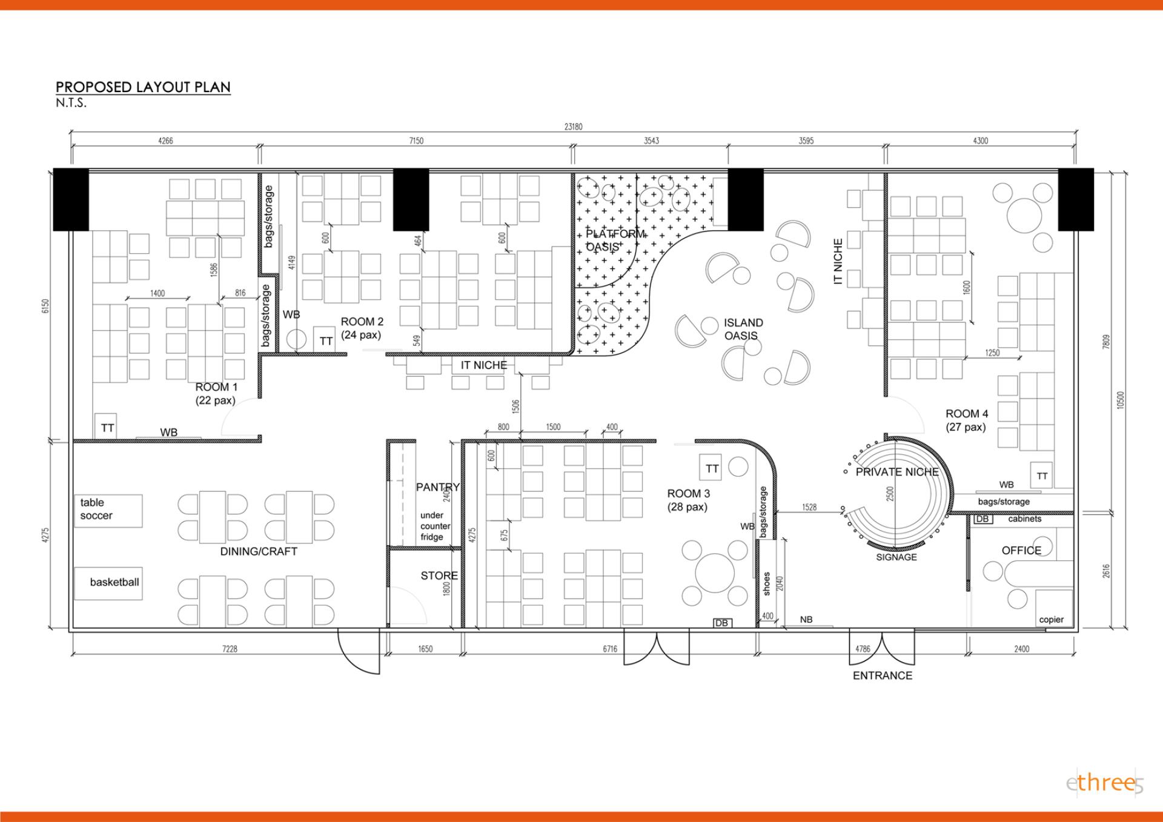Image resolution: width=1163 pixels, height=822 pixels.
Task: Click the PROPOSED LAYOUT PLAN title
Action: (x=143, y=87)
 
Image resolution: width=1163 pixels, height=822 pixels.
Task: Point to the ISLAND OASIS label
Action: (x=743, y=329)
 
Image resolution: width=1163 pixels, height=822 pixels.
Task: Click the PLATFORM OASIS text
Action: (x=615, y=240)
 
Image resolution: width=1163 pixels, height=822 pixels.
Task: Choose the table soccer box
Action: (x=108, y=511)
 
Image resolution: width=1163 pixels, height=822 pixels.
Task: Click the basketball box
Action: (x=108, y=583)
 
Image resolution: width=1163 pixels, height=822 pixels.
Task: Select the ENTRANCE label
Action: (x=883, y=675)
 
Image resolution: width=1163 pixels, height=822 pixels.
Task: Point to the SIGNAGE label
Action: (x=896, y=557)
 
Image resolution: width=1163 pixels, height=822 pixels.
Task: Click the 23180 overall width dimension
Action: (x=573, y=127)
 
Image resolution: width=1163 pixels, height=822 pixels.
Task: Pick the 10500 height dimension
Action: (x=1121, y=400)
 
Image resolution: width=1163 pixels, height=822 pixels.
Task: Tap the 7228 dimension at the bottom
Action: (x=230, y=649)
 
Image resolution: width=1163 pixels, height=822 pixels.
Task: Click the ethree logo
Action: (x=1104, y=783)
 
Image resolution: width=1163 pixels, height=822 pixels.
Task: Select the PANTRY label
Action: (x=438, y=487)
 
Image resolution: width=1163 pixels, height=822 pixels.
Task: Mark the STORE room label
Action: (x=439, y=575)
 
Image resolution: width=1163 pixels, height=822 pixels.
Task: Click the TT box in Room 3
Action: (x=712, y=468)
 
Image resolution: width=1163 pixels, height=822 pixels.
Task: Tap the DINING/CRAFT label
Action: (x=259, y=551)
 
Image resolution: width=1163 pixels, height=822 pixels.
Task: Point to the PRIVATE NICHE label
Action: (x=897, y=472)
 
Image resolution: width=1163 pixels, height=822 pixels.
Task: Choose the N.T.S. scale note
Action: (x=71, y=103)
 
